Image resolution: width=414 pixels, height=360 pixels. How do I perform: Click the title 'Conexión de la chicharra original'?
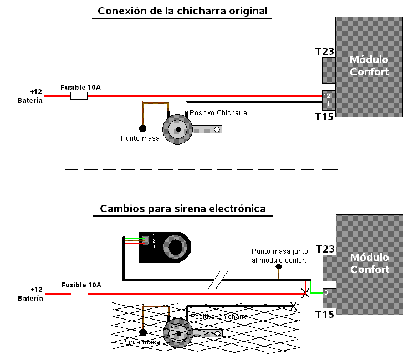coord(182,11)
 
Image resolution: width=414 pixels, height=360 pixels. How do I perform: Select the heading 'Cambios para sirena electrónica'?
coord(182,209)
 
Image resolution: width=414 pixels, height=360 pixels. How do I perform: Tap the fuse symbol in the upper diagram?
coord(79,96)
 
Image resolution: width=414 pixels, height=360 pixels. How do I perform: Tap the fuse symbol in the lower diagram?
coord(79,293)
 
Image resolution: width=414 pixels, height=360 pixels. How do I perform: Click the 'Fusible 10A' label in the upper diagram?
coord(80,87)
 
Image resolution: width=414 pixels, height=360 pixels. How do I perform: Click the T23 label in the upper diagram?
coord(324,52)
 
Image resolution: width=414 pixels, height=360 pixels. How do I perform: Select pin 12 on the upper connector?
coord(326,96)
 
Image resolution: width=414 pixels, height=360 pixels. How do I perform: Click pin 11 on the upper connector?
coord(326,104)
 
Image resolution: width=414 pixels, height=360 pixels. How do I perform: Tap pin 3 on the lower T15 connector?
coord(326,293)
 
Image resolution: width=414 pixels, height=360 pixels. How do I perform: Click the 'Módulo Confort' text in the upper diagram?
coord(369,65)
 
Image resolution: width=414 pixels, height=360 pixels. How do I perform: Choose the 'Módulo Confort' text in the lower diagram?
coord(369,264)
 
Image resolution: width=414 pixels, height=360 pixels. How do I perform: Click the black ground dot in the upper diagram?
coord(142,128)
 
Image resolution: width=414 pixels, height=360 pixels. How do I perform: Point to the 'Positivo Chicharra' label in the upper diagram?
coord(218,113)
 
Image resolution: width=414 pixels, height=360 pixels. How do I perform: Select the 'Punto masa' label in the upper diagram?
coord(140,138)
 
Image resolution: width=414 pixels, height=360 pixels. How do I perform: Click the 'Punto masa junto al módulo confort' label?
coord(279,255)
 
